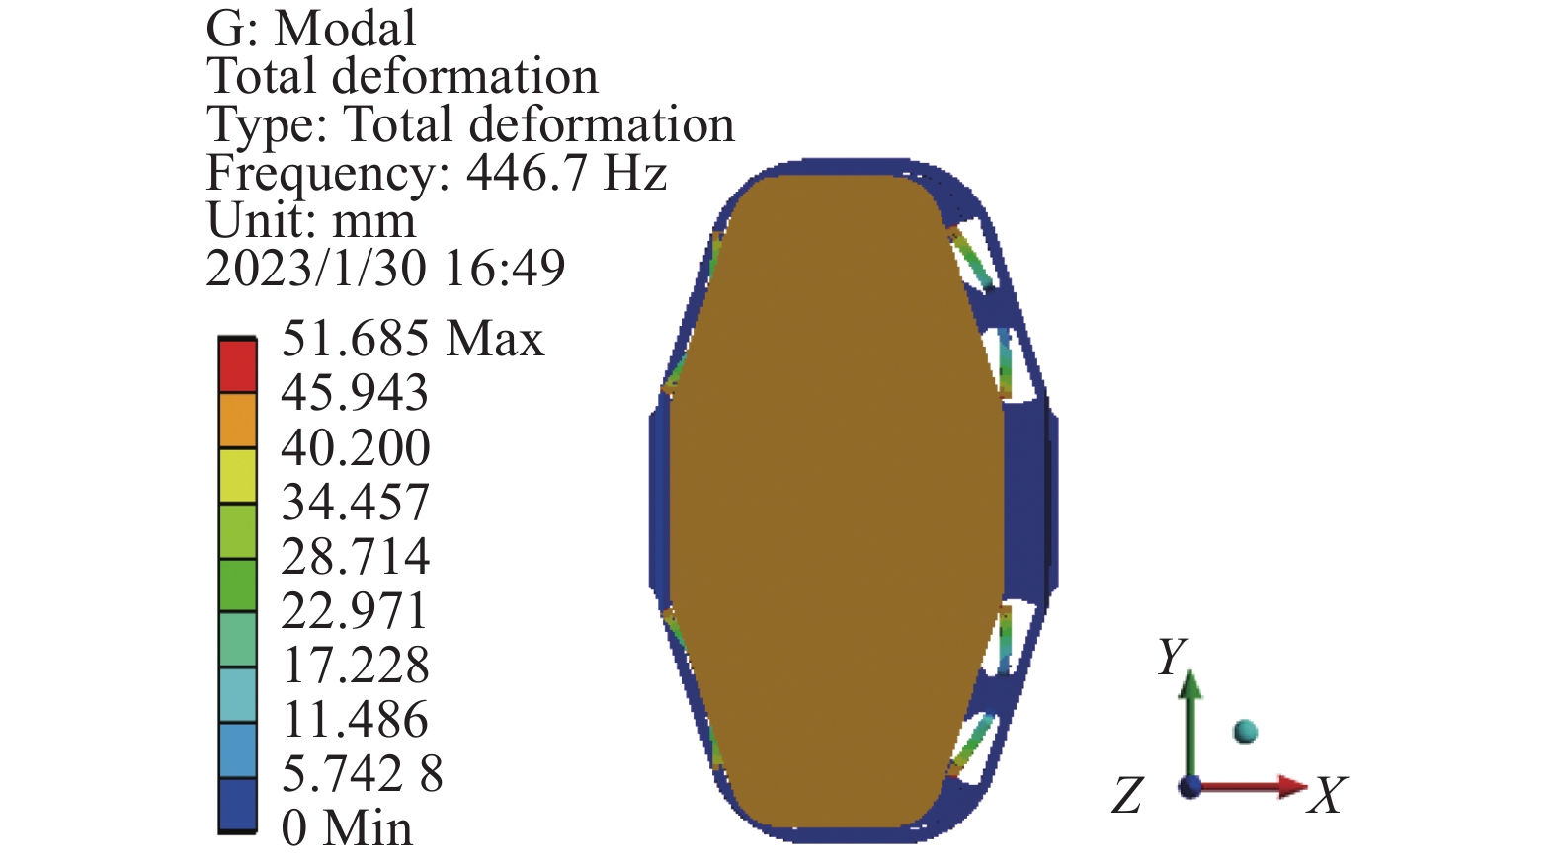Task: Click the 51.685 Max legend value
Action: (x=413, y=339)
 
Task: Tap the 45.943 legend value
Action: (x=355, y=392)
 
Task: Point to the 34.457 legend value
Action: (x=355, y=502)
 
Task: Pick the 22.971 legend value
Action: (x=355, y=610)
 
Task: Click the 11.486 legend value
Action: (x=355, y=719)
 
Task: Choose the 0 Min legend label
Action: (x=347, y=827)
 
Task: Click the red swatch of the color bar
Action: (x=237, y=366)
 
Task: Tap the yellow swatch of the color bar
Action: (x=237, y=475)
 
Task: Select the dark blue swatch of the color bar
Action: (x=237, y=805)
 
